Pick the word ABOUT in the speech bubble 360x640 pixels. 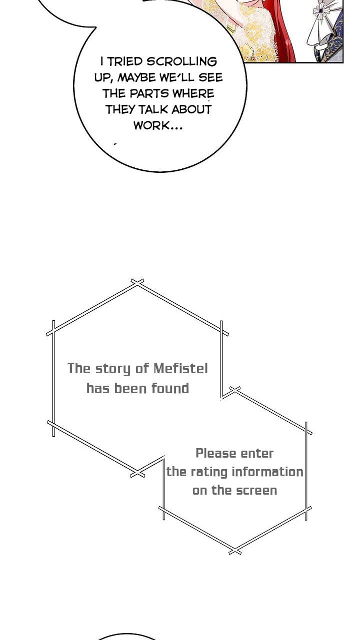pos(191,110)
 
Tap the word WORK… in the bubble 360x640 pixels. pos(158,126)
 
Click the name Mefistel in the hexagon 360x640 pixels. pos(180,369)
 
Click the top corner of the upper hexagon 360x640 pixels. pos(137,283)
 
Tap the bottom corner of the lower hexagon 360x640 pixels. pos(234,551)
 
